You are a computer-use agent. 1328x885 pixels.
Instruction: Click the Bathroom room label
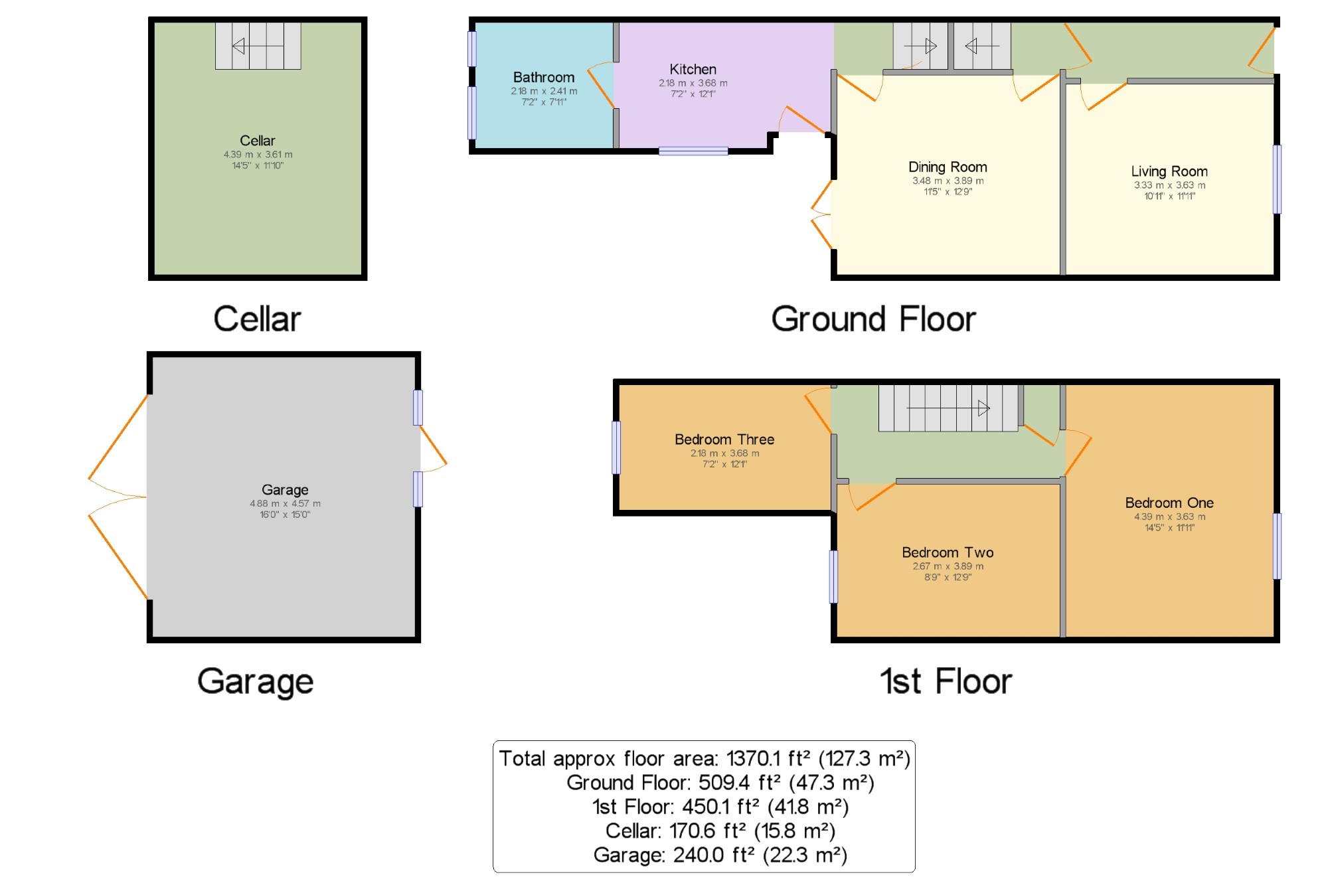[544, 77]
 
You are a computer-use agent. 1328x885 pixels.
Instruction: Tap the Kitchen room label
[693, 69]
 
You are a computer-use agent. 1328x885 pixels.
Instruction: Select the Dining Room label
[948, 167]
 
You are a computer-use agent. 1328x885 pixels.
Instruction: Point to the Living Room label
[1169, 171]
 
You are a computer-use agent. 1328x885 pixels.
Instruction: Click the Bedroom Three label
[724, 440]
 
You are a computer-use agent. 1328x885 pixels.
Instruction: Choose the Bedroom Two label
[948, 552]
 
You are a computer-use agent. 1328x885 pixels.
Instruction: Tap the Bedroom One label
[1169, 503]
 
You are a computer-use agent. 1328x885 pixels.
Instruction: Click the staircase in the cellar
[258, 46]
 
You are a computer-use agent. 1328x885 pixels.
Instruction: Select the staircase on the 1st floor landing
[948, 408]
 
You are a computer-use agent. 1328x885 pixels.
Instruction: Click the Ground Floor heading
[873, 319]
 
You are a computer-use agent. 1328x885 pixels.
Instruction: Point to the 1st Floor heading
[946, 681]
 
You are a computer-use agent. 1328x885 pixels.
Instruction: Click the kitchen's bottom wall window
[693, 151]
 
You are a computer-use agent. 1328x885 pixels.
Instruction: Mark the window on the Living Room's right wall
[1277, 179]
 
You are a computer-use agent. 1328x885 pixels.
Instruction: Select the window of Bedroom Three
[616, 447]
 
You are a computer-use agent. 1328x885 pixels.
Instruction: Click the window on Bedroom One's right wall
[1277, 546]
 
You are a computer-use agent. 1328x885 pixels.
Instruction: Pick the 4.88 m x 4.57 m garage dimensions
[285, 504]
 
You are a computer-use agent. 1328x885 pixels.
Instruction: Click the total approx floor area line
[705, 758]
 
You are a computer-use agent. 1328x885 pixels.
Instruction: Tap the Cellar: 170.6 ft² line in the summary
[720, 831]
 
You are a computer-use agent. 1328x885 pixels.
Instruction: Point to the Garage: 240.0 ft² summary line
[720, 854]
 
